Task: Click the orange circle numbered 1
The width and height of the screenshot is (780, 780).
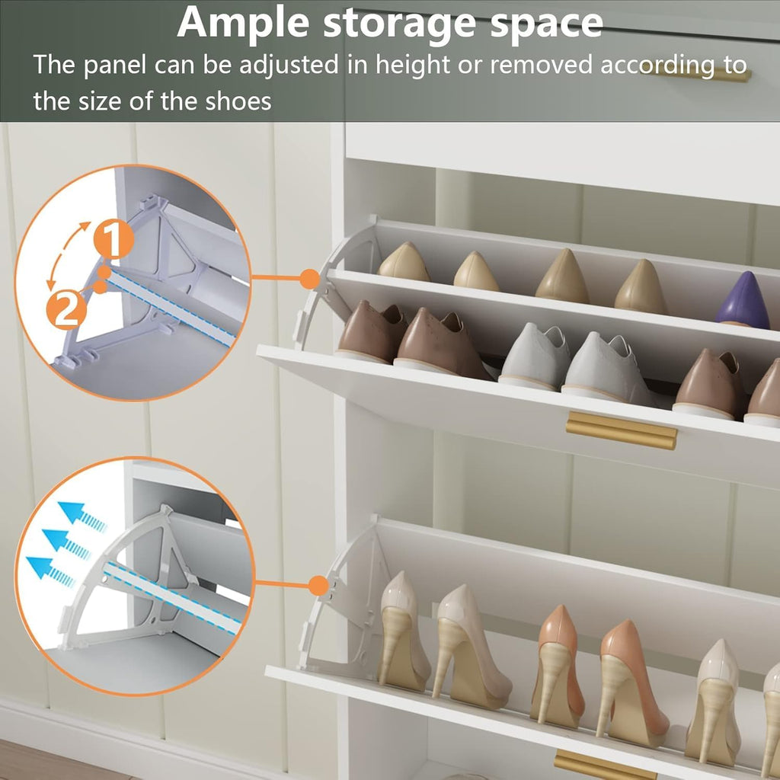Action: click(x=113, y=240)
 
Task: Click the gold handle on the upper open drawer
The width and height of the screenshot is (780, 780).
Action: click(x=622, y=431)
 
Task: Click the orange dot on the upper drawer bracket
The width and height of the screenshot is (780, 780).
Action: click(x=308, y=279)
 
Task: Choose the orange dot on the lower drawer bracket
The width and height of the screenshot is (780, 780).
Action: click(x=318, y=585)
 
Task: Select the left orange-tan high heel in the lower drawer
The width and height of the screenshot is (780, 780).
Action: click(x=558, y=661)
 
